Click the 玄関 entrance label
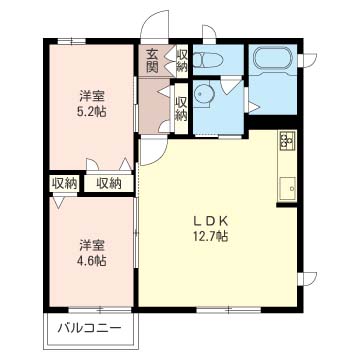click(x=152, y=60)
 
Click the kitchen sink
click(x=288, y=185)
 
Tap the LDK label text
click(x=219, y=221)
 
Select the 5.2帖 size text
click(x=93, y=112)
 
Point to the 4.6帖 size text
click(x=93, y=259)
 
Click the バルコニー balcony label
click(x=88, y=328)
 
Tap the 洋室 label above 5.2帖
click(x=93, y=96)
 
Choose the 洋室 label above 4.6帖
click(x=93, y=243)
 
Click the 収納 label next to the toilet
click(x=181, y=59)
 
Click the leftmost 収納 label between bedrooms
click(x=63, y=183)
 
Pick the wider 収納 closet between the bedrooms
click(x=109, y=183)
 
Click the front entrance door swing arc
click(x=153, y=25)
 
